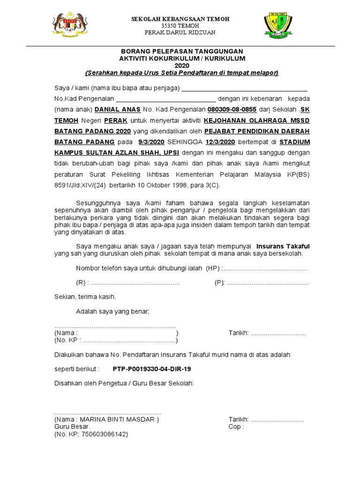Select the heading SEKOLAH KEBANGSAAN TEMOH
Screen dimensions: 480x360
pyautogui.click(x=180, y=19)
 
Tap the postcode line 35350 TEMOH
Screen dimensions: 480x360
pyautogui.click(x=180, y=25)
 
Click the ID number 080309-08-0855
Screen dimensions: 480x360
pyautogui.click(x=227, y=109)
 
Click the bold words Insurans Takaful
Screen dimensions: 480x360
pyautogui.click(x=283, y=246)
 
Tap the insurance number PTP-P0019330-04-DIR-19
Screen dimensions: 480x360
pyautogui.click(x=152, y=369)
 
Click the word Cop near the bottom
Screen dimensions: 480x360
pyautogui.click(x=236, y=427)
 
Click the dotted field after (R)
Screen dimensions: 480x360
pyautogui.click(x=135, y=283)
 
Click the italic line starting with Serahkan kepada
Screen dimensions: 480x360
pyautogui.click(x=182, y=73)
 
